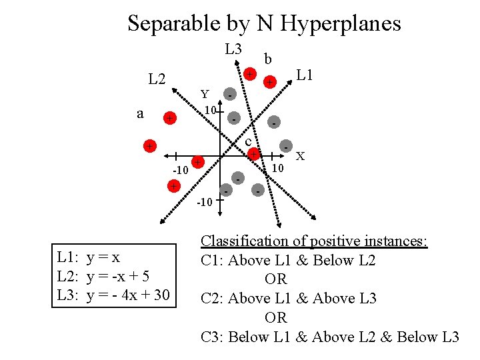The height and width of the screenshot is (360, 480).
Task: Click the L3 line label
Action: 233,49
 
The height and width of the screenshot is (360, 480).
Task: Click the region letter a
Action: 140,113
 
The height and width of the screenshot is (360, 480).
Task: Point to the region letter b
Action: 267,59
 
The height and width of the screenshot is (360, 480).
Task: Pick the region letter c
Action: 247,142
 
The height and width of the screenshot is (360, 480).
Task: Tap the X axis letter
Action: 301,156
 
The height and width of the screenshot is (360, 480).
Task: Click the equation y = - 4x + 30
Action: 128,295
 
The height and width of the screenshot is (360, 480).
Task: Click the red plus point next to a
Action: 171,119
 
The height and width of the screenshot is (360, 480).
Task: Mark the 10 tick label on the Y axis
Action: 209,109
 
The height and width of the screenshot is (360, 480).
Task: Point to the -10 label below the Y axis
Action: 205,202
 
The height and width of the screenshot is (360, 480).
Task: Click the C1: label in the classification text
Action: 213,261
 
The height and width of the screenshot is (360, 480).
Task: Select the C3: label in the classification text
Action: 213,337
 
